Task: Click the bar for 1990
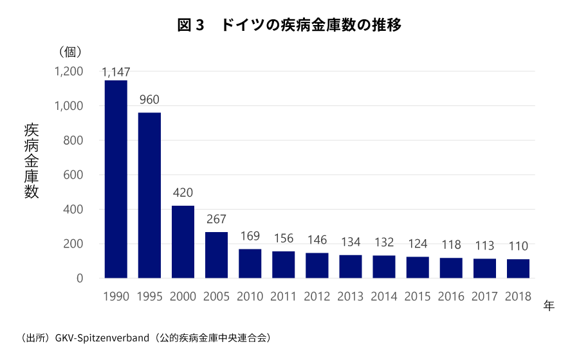coord(116,179)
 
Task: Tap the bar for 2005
coord(216,255)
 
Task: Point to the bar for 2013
coord(351,267)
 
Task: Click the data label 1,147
coord(116,73)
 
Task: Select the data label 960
coord(149,100)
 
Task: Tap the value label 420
coord(183,193)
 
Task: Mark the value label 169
coord(250,236)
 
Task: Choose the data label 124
coord(418,244)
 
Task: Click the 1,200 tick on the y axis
coord(69,71)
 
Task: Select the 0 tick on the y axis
coord(80,278)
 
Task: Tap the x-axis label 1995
coord(149,297)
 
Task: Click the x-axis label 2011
coord(283,297)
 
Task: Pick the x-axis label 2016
coord(451,297)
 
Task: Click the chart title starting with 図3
coord(289,26)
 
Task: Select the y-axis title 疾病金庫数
coord(32,160)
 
